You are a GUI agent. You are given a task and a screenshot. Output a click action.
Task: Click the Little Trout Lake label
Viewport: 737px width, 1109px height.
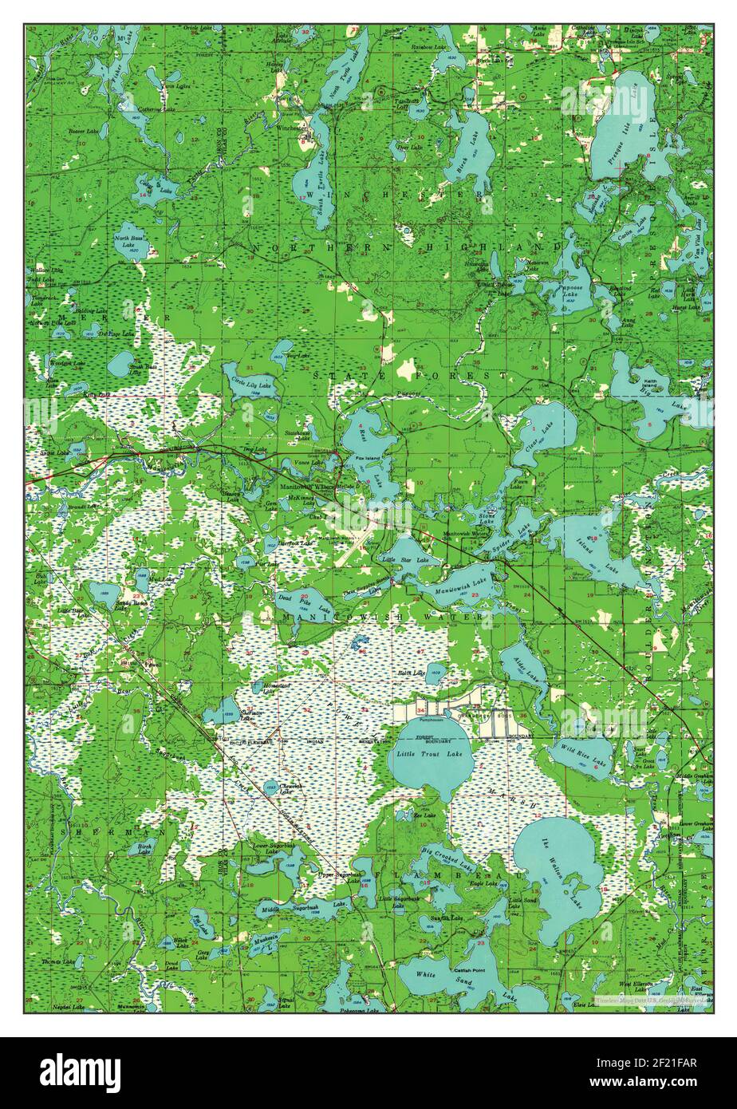[430, 754]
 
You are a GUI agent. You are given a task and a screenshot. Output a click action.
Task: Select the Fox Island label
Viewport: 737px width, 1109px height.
[370, 459]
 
